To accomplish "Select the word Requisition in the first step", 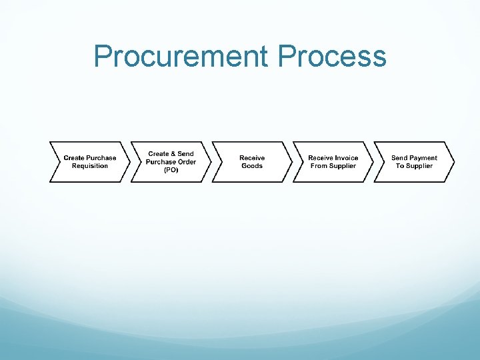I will pos(90,166).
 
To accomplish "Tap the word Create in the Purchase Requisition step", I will pos(75,158).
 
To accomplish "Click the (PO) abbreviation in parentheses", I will pos(171,170).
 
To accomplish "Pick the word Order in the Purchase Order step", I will pos(186,162).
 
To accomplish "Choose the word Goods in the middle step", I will pos(252,166).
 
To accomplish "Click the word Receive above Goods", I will pos(252,158).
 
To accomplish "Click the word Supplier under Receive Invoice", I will pos(343,166).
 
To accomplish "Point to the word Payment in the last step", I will pos(423,158).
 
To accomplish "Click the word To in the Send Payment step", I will pos(400,166).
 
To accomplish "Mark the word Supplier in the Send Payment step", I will pos(420,166).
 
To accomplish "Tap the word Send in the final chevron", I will pos(399,158).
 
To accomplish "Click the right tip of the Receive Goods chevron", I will pos(291,162).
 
